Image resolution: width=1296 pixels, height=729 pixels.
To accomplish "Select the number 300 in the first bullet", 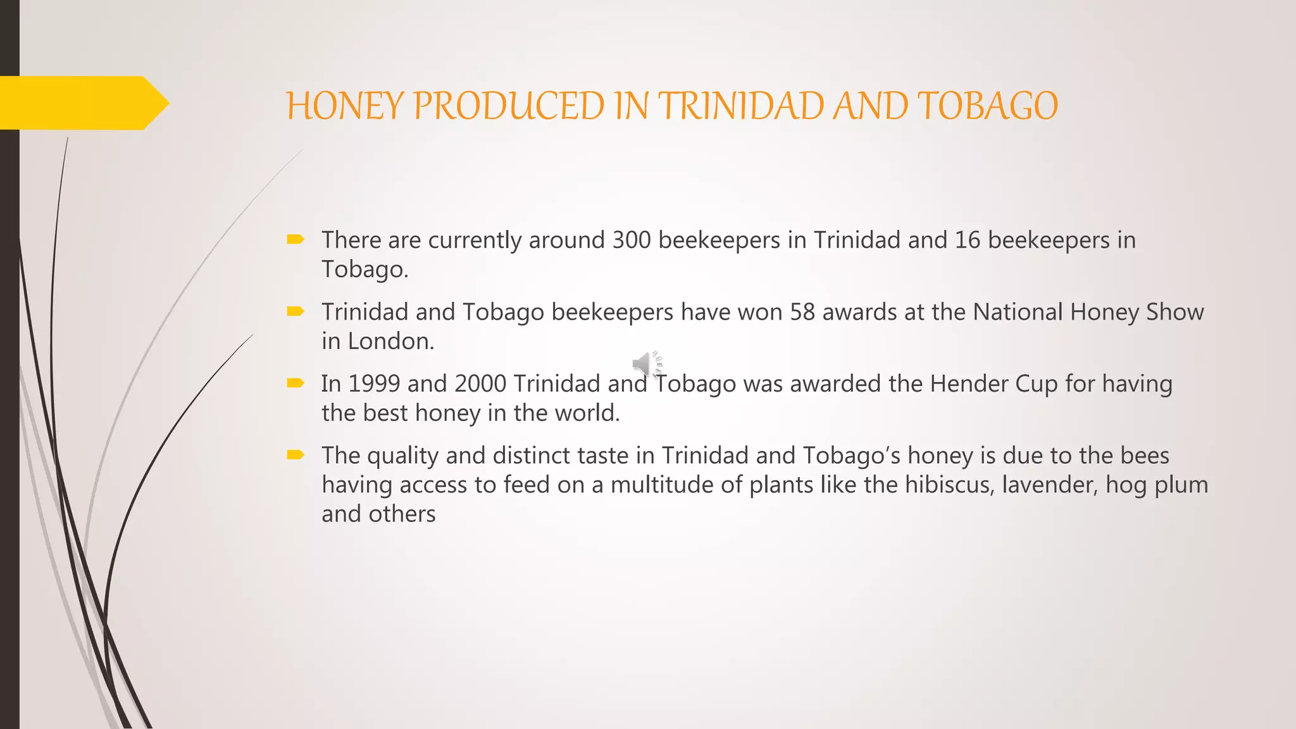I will [632, 240].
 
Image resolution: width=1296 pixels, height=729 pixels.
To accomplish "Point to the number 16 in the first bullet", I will [967, 240].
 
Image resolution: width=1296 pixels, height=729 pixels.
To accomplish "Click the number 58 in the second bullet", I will [802, 313].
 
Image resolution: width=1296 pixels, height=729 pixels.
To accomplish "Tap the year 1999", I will [374, 384].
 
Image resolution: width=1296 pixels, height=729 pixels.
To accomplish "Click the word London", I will [390, 342].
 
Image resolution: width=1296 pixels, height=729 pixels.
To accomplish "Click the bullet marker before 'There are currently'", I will [296, 239].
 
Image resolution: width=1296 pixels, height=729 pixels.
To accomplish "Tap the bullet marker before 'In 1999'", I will [296, 383].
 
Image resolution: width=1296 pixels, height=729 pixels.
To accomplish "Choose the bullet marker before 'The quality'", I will [296, 454].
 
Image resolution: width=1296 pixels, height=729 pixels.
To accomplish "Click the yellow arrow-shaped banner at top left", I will [82, 103].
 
